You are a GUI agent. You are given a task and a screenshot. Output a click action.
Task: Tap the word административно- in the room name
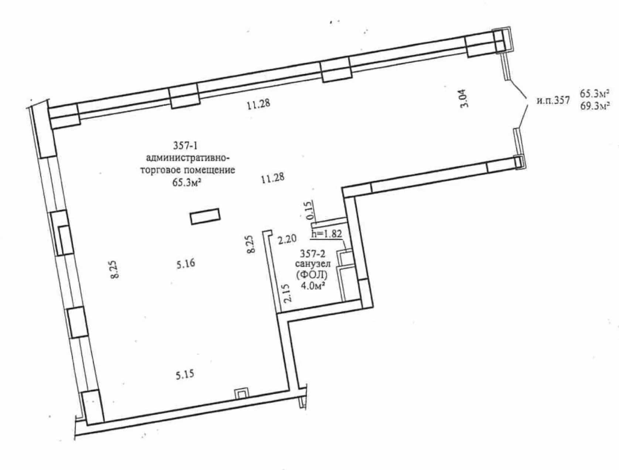[188, 158]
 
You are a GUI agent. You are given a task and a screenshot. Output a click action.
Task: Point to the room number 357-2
[312, 253]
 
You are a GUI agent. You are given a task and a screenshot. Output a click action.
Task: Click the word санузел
[312, 264]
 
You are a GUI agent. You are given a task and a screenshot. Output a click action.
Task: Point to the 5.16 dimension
[186, 264]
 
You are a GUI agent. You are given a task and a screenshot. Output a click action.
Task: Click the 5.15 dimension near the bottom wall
[185, 375]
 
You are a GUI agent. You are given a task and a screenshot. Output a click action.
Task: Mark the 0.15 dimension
[309, 210]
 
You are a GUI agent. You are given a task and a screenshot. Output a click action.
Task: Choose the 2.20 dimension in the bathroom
[287, 239]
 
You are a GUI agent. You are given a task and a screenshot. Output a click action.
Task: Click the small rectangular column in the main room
[205, 217]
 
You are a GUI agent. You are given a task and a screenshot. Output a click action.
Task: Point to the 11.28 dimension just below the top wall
[258, 104]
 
